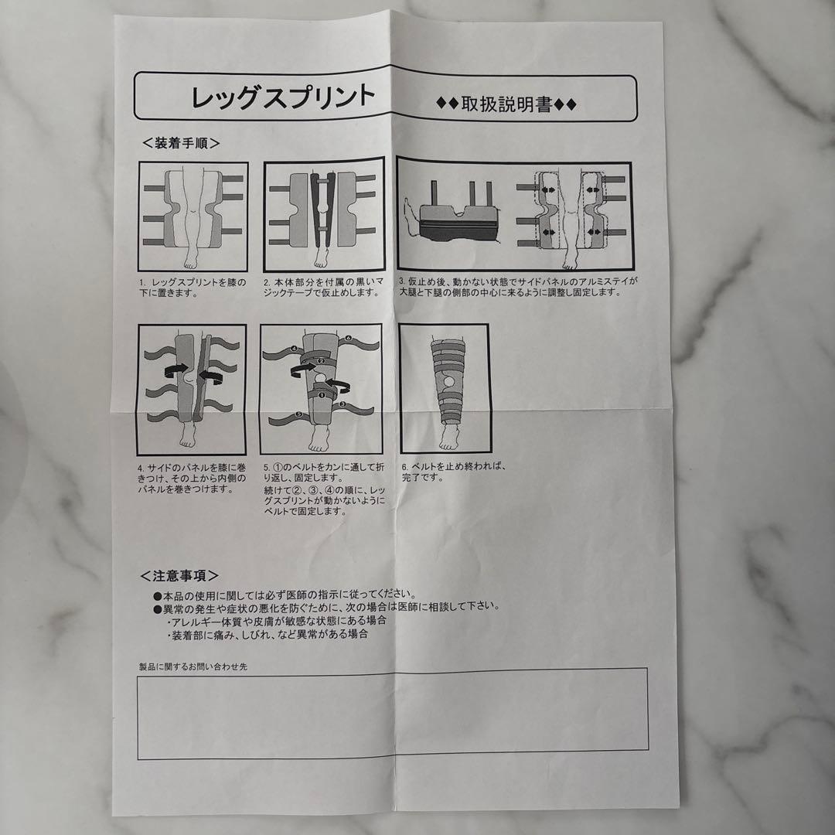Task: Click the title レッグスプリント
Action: (283, 97)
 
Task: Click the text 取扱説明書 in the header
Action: (506, 104)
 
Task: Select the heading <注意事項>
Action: (179, 575)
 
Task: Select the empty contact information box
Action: (392, 714)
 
